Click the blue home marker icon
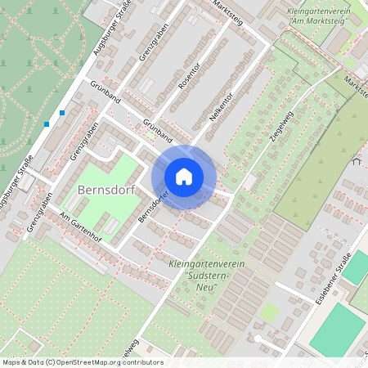184,176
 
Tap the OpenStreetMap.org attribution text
89,361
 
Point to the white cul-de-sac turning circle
259,339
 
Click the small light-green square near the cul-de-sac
268,312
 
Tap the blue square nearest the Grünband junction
62,113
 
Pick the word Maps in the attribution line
11,361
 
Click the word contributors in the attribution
141,361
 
